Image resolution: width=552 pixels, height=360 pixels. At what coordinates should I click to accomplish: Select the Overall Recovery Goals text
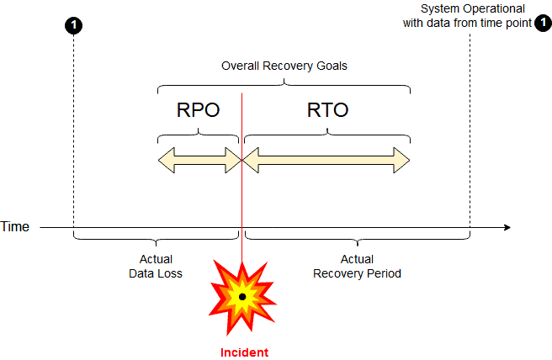click(284, 66)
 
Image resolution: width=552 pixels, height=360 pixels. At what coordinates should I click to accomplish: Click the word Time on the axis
click(15, 227)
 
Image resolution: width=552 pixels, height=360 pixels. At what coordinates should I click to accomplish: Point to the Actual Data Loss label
click(156, 267)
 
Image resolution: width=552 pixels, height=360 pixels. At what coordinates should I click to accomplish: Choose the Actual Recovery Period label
click(357, 267)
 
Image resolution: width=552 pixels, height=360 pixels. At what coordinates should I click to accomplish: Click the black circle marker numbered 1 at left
click(74, 25)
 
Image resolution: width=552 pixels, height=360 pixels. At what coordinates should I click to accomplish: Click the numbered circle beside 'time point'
click(543, 24)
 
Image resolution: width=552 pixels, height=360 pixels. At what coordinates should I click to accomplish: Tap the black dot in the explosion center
click(242, 297)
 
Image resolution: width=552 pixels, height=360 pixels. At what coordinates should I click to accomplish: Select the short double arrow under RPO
click(199, 160)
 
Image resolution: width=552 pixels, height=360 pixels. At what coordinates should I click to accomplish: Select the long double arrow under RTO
click(326, 160)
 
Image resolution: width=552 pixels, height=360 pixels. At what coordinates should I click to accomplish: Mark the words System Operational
click(472, 8)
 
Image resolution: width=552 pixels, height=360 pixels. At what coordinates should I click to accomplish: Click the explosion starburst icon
click(242, 296)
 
